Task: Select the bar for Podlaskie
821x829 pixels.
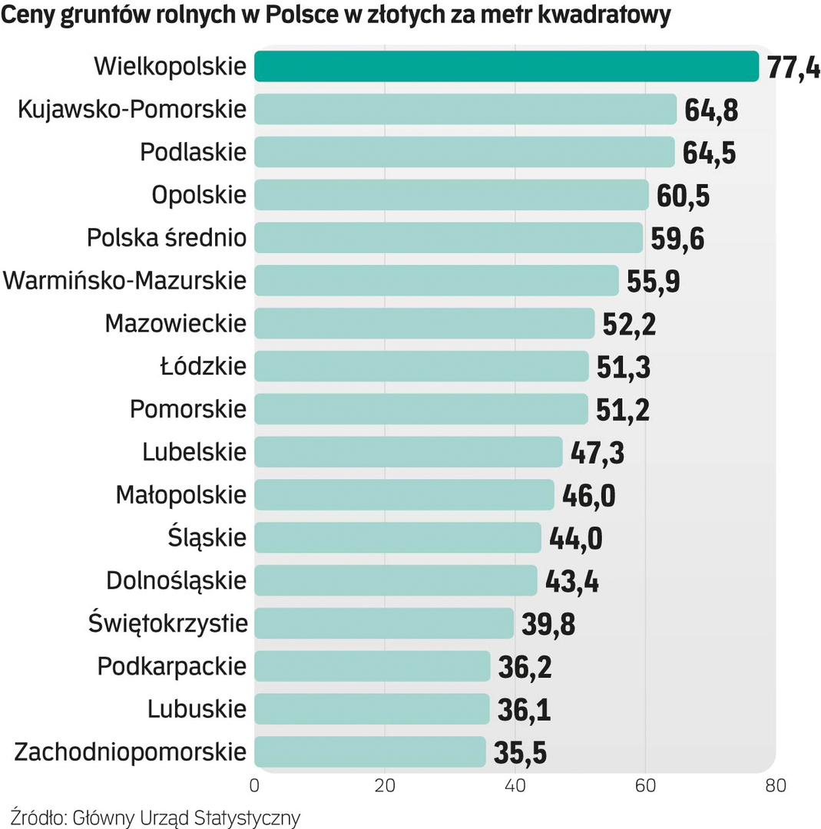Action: tap(464, 152)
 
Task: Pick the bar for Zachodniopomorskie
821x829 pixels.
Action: tap(369, 752)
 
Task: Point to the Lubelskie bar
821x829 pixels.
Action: tap(408, 452)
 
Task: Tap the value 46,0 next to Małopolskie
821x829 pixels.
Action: tap(589, 496)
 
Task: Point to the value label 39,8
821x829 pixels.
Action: tap(548, 624)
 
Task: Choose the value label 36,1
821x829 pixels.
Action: tap(525, 710)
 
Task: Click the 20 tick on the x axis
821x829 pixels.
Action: tap(385, 786)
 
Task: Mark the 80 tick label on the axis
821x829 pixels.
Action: tap(776, 786)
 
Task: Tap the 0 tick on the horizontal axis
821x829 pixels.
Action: tap(254, 786)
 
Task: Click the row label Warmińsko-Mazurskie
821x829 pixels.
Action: tap(125, 281)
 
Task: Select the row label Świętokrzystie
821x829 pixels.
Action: tap(168, 623)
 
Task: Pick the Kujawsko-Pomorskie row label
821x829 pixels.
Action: tap(132, 110)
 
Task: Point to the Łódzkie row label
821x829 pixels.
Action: tap(204, 366)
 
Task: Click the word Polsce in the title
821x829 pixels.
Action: tap(301, 15)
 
